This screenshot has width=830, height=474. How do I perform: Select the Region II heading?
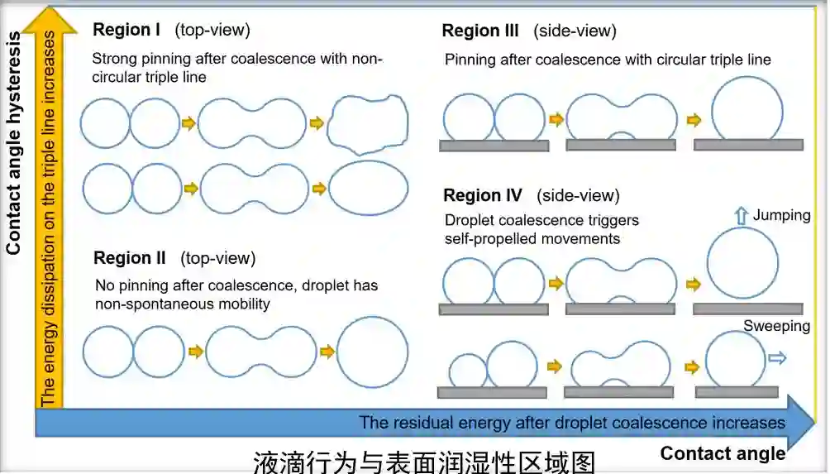coord(130,258)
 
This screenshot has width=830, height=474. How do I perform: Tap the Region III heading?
coord(480,31)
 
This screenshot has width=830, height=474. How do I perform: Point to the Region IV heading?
coord(483,196)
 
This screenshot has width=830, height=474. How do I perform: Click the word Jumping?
coord(781,216)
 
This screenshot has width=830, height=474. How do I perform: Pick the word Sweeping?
coord(775,326)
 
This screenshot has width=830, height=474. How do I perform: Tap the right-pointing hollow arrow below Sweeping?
coord(776,358)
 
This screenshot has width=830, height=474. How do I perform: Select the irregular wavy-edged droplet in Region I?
coord(368,125)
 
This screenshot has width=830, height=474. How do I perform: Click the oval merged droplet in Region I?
coord(368,189)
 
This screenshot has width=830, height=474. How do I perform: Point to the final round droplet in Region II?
coord(372,352)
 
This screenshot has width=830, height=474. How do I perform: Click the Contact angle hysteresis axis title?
coord(14,132)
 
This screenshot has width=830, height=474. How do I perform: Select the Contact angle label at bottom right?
coord(723,453)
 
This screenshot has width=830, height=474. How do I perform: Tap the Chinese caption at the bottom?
coord(423,460)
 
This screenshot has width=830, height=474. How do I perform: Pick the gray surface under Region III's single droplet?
coord(747,145)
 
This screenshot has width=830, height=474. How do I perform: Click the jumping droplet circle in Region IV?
coord(742,263)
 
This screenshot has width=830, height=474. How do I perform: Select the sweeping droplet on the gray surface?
coord(735,359)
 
